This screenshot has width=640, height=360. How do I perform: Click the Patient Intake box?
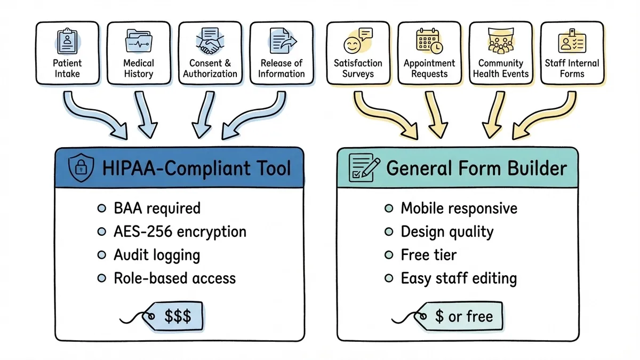point(68,53)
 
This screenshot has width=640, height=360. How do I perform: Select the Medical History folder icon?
point(138,41)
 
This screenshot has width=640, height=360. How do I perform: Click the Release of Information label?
point(281,69)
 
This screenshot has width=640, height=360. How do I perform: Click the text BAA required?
point(157,208)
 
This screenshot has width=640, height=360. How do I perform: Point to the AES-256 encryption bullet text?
point(180,231)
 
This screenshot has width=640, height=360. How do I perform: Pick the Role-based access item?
point(174,278)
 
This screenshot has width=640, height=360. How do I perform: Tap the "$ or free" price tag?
point(461,317)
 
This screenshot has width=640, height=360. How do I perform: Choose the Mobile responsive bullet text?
point(459,208)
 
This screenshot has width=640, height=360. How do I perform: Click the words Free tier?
point(428,255)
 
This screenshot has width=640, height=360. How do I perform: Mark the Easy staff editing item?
point(459,278)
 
